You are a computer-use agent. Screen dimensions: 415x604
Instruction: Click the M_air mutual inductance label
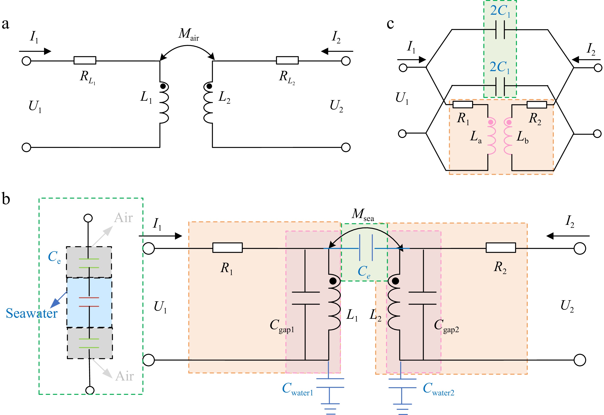point(189,34)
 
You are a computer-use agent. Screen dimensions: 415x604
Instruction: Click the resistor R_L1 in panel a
point(85,60)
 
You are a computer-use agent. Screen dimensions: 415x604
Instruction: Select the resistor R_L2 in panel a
point(287,60)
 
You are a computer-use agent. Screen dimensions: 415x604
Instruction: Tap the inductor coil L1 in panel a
point(164,103)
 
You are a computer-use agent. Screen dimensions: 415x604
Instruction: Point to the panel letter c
point(390,24)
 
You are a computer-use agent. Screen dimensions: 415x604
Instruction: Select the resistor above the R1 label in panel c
point(463,105)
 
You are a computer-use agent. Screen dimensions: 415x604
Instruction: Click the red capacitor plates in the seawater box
point(89,302)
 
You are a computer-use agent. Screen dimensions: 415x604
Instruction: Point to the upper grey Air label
point(124,218)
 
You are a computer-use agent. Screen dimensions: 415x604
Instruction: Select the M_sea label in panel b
point(363,214)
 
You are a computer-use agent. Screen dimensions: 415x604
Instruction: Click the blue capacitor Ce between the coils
point(366,248)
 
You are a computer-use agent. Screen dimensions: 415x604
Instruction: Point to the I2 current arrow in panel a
point(337,51)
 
